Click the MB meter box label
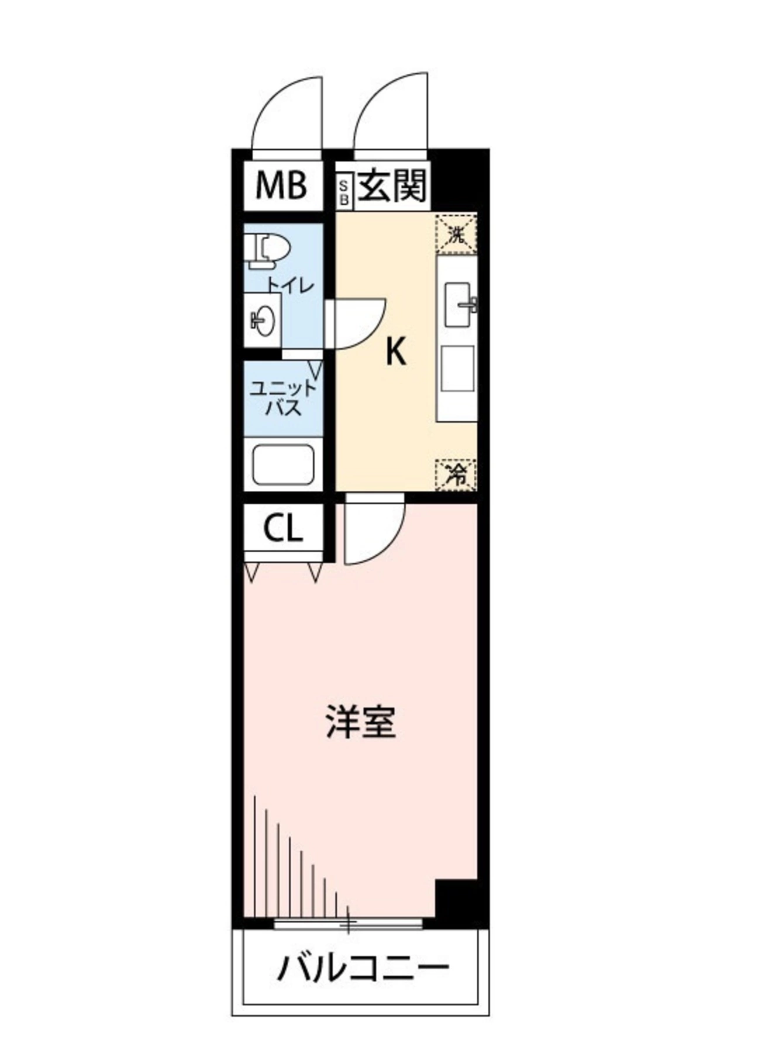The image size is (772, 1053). (x=281, y=186)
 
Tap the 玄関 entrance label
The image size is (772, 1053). (x=393, y=185)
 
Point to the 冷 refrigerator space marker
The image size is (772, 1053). (x=456, y=474)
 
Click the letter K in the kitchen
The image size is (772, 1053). (x=396, y=353)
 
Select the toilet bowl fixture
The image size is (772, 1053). (x=267, y=252)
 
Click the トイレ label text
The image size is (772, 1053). (x=291, y=285)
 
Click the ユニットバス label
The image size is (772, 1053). (x=283, y=398)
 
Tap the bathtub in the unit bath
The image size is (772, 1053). (x=283, y=465)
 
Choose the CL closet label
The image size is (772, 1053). (x=283, y=529)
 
